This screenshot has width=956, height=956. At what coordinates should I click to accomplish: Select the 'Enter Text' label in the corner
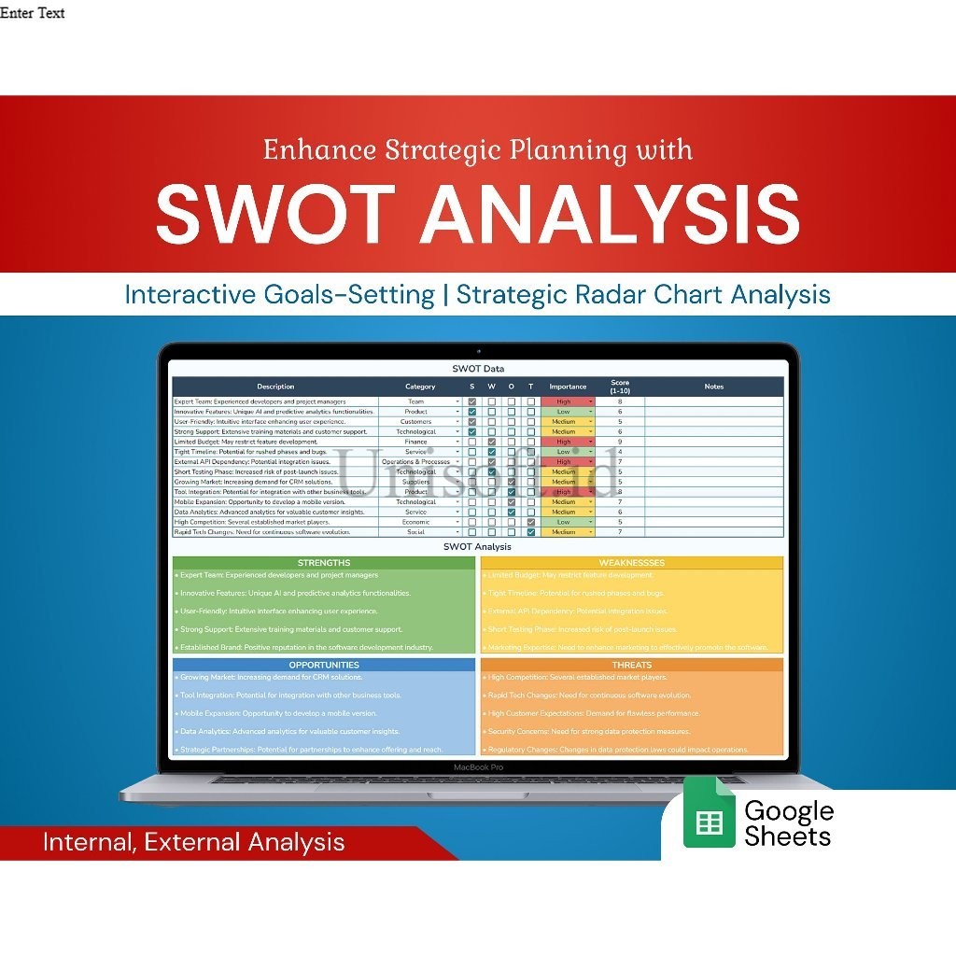(x=33, y=13)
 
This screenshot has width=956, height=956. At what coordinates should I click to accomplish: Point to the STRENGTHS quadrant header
(x=324, y=563)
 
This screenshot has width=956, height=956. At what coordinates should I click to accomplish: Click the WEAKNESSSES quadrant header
(x=632, y=563)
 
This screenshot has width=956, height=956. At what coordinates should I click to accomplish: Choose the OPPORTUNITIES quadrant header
(x=324, y=665)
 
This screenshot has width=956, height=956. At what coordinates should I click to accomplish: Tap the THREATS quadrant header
(x=632, y=665)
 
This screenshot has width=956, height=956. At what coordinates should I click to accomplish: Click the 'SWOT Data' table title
(x=478, y=369)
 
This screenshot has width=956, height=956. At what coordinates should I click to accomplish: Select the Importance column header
(x=568, y=387)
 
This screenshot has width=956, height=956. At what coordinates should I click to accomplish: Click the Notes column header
(x=714, y=387)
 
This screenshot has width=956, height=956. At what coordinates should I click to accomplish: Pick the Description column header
(x=275, y=387)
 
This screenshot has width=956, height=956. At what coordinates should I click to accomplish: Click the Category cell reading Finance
(x=417, y=442)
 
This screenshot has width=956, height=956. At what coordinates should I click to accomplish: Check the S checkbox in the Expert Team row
(x=472, y=401)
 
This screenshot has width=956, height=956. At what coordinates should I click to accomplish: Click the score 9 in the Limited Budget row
(x=620, y=442)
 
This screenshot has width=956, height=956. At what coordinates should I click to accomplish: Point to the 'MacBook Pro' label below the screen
(x=478, y=766)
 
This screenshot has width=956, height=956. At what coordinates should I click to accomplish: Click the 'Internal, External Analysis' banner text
(x=193, y=842)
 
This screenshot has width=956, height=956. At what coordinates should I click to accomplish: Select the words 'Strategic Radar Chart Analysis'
(x=643, y=295)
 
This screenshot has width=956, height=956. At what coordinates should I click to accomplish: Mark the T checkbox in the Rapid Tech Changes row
(x=531, y=532)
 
